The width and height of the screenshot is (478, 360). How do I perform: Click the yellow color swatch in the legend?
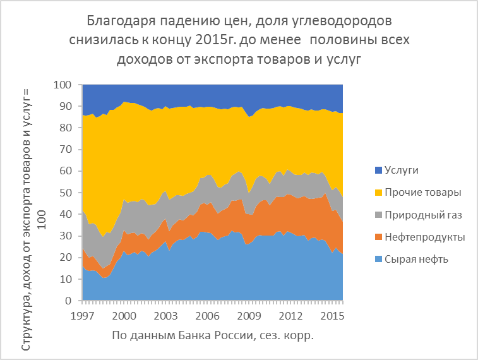coord(379,192)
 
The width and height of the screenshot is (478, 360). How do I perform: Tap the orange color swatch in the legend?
coord(379,237)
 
